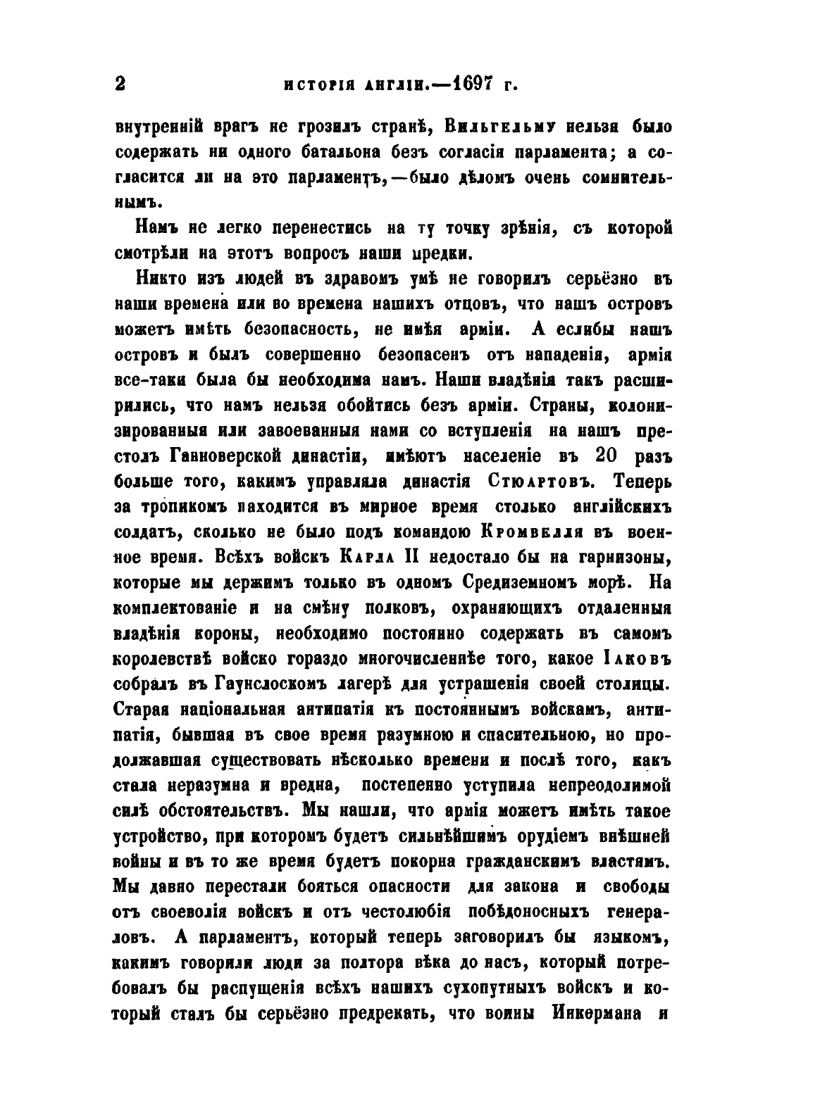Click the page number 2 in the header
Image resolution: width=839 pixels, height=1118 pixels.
click(x=119, y=84)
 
